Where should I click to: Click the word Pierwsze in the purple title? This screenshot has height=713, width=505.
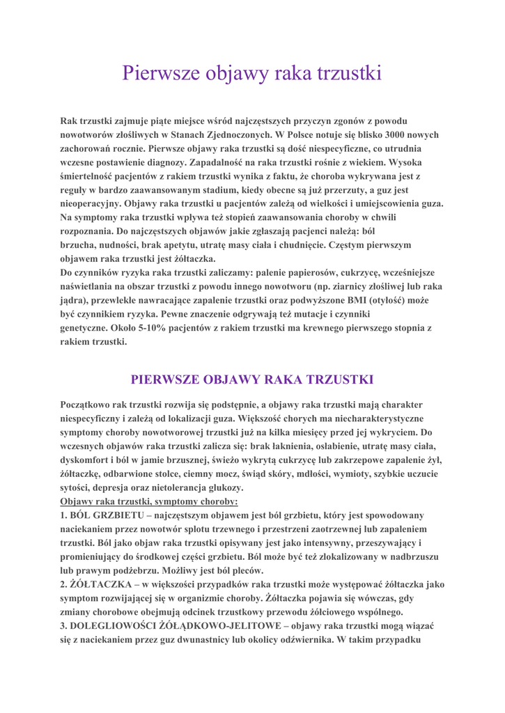tap(160, 73)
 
